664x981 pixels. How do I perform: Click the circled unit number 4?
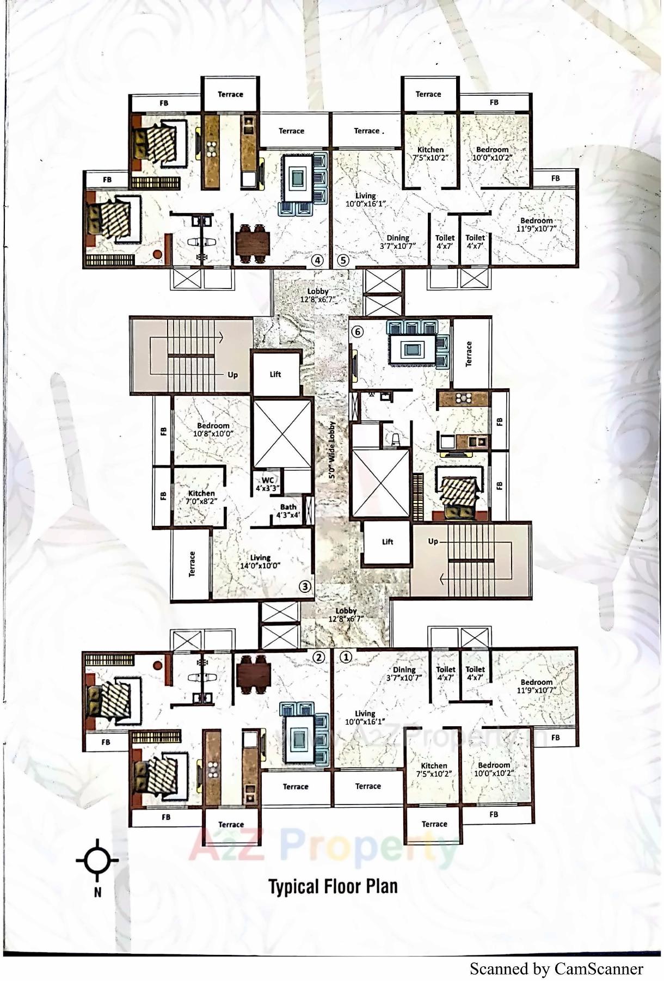(317, 260)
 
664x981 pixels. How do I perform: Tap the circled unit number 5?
(342, 260)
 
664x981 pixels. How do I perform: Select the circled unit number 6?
(357, 332)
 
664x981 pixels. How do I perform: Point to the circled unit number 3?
(305, 586)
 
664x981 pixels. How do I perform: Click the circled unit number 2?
(318, 658)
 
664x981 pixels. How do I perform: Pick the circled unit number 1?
(346, 658)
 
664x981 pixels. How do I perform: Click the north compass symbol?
(97, 861)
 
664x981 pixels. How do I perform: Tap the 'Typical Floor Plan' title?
(333, 887)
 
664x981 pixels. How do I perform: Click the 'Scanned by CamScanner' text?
(556, 969)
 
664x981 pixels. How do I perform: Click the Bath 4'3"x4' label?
(288, 511)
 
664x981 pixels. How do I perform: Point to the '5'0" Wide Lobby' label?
(331, 451)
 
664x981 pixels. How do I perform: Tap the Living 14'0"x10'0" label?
(260, 561)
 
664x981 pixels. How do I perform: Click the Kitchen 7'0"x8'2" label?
(201, 497)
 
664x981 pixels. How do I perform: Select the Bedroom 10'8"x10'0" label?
(213, 430)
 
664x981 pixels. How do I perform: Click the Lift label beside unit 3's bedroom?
(275, 375)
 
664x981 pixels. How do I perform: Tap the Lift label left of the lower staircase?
(388, 542)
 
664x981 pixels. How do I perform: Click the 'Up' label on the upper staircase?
(233, 375)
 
